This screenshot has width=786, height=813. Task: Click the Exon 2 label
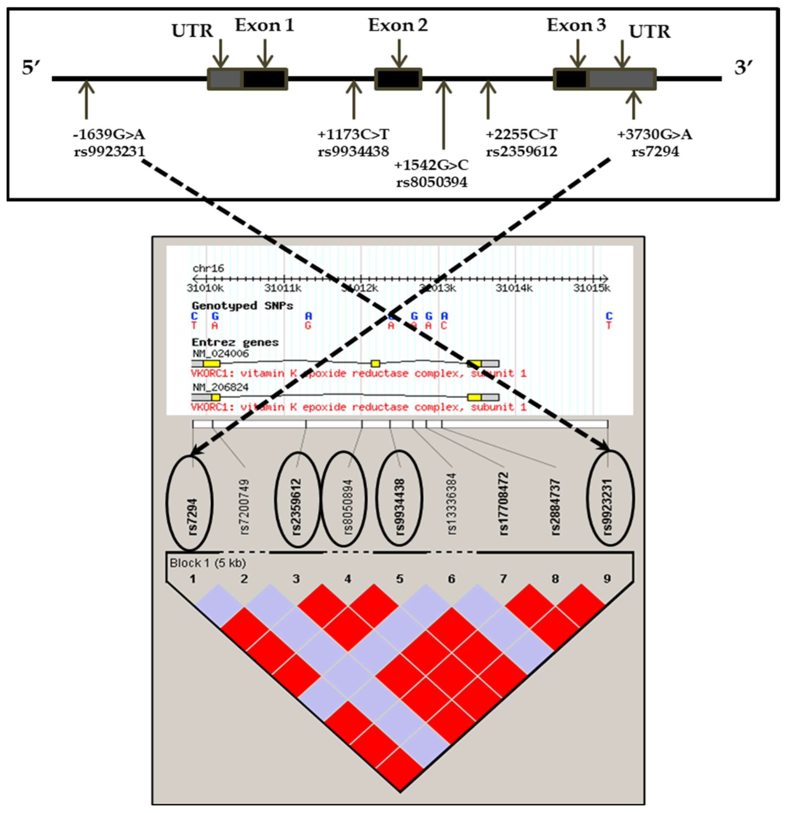(398, 26)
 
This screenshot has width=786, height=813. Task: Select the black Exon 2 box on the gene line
(398, 79)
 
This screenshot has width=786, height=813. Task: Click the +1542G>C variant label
(431, 165)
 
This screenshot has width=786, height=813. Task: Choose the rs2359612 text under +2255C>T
(522, 151)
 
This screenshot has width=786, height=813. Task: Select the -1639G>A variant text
(109, 134)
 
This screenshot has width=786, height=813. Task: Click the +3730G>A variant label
(655, 134)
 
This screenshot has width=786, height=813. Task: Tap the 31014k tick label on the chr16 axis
(514, 288)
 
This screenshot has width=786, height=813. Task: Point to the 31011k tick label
(283, 288)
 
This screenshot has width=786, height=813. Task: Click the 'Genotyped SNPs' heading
(242, 306)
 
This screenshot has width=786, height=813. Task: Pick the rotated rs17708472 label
(503, 504)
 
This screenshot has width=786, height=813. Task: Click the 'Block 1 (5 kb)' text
(208, 563)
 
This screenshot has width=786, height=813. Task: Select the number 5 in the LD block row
(399, 579)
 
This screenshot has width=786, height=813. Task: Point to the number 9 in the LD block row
(607, 579)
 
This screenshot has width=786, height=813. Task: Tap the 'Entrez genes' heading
(235, 342)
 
